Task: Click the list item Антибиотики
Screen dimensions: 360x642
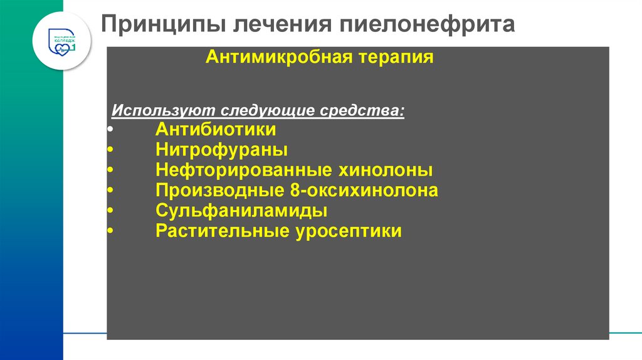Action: coord(216,130)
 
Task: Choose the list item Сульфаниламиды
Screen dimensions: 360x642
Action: coord(241,211)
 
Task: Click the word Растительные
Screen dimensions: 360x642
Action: coord(223,231)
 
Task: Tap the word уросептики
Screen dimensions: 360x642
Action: coord(347,231)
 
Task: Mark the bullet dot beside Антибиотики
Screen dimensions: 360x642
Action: coord(110,130)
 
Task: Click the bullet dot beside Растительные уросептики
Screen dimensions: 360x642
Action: coord(110,231)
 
